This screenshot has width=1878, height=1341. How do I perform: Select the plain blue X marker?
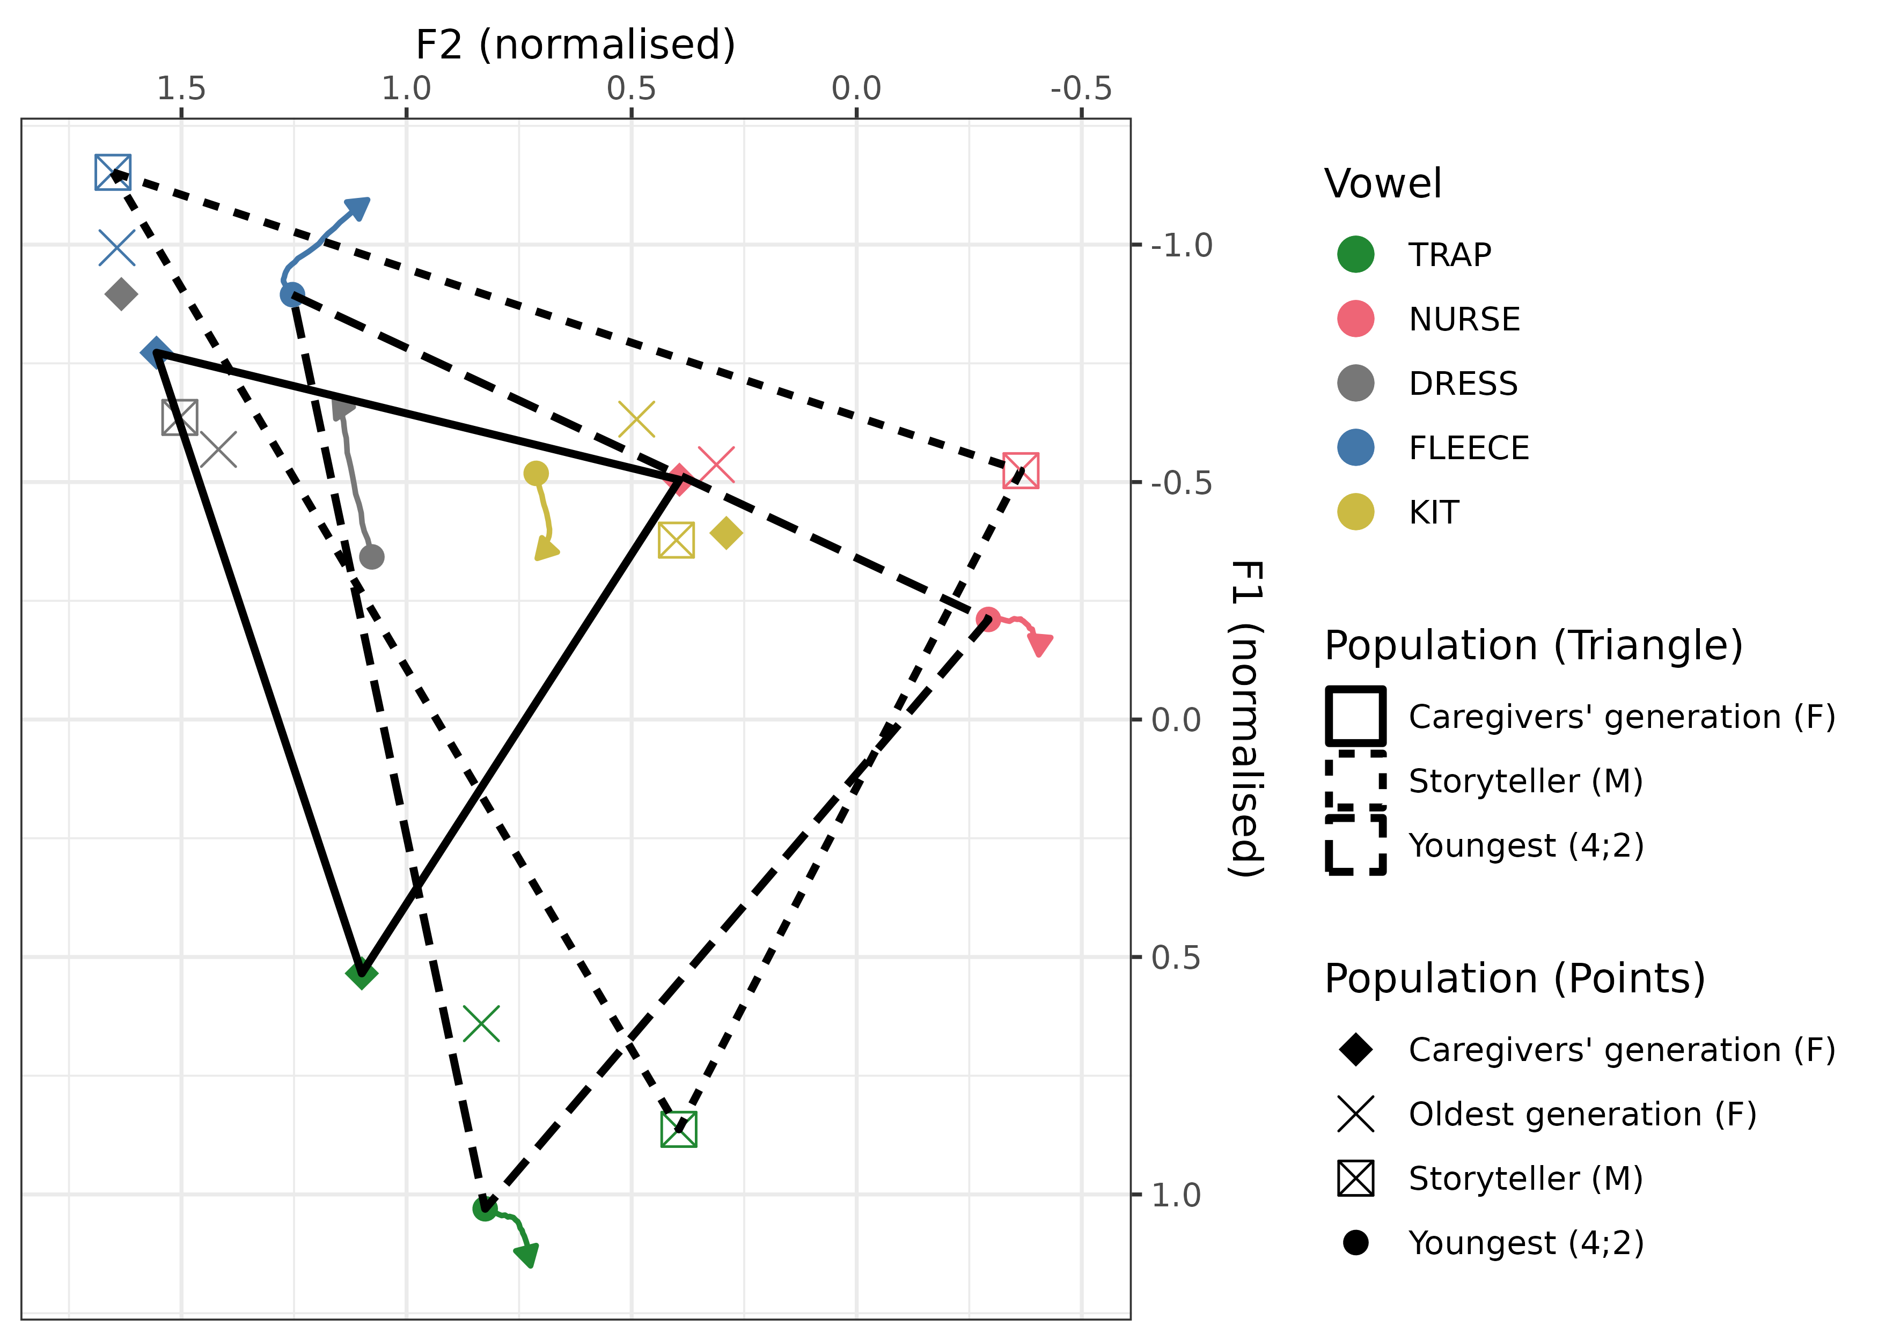116,248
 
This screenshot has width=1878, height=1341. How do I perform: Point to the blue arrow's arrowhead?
360,207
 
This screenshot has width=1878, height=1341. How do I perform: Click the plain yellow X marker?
637,419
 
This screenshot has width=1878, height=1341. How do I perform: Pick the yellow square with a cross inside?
677,540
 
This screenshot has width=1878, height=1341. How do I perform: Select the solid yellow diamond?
726,533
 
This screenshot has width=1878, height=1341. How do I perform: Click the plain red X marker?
716,464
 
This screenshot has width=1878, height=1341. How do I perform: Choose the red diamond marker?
679,479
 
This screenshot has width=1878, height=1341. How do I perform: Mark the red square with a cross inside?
1021,470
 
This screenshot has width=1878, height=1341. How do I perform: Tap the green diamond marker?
362,975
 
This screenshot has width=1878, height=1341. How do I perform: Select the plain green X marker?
481,1023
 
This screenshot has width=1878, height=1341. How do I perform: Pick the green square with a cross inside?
679,1129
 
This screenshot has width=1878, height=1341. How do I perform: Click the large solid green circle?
1355,254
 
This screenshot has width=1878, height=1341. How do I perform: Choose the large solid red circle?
1355,318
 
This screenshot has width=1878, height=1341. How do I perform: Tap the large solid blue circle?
1355,447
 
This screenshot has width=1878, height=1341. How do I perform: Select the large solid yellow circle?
1355,511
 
